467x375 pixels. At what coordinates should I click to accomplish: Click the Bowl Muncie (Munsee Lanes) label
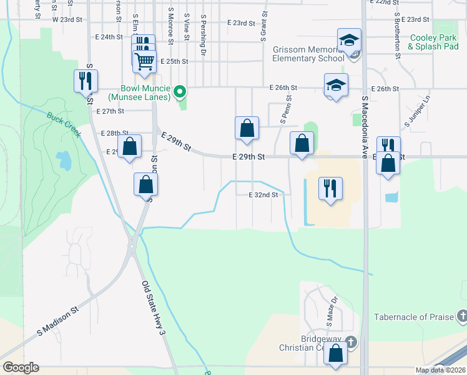tap(139, 92)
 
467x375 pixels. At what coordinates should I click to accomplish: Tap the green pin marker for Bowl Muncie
tap(180, 92)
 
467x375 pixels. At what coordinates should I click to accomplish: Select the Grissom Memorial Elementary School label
tap(308, 54)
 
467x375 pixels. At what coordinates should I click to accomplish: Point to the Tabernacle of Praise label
tap(414, 317)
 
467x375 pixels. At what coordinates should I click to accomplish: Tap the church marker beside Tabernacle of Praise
tap(461, 316)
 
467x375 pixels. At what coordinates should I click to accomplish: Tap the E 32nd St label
tap(263, 195)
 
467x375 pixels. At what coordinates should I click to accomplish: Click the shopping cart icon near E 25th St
tap(145, 61)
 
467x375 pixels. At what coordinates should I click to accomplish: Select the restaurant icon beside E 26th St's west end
tap(86, 81)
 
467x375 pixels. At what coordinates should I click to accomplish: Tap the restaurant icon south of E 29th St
tap(330, 187)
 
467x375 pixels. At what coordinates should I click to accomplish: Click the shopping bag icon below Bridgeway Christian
tap(336, 354)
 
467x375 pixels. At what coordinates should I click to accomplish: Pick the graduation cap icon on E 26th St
tap(336, 85)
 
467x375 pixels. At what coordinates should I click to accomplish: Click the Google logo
tap(21, 367)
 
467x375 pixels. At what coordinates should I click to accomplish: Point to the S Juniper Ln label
tap(410, 112)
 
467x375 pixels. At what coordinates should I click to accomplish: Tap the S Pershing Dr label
tap(203, 37)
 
